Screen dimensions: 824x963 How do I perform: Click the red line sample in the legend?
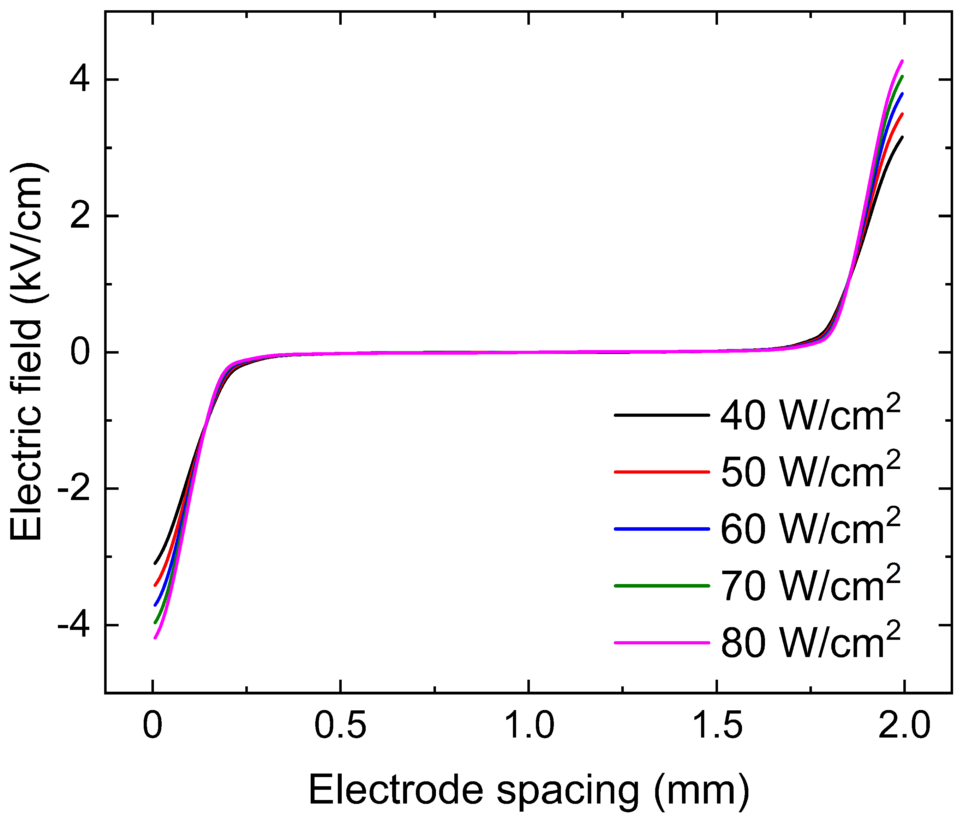[662, 472]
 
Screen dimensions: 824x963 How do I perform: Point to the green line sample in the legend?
[662, 586]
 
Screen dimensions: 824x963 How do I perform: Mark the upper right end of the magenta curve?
[902, 61]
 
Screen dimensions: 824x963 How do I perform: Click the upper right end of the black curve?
[902, 137]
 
